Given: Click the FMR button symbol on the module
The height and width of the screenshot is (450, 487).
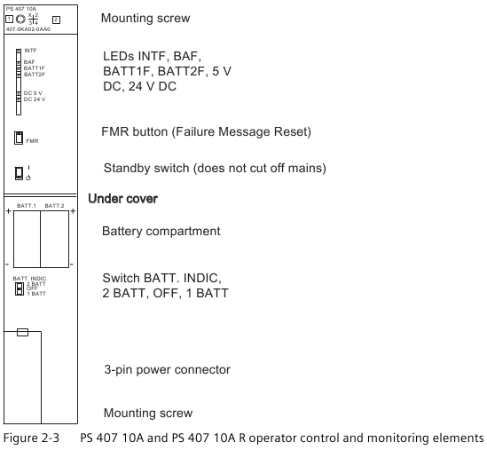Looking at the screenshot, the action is pyautogui.click(x=19, y=138).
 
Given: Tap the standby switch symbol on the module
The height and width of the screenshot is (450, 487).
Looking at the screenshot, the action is pyautogui.click(x=19, y=173).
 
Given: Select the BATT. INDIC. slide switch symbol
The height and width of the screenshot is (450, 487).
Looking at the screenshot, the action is pyautogui.click(x=20, y=288).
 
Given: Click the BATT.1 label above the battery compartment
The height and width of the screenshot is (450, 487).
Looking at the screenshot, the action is pyautogui.click(x=27, y=206).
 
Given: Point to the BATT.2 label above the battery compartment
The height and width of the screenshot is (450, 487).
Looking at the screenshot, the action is pyautogui.click(x=54, y=206).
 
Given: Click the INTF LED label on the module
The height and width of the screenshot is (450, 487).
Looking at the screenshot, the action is pyautogui.click(x=30, y=51).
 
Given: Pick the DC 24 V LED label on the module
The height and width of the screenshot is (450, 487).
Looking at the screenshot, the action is pyautogui.click(x=35, y=99).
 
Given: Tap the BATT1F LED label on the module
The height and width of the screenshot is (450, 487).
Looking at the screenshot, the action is pyautogui.click(x=35, y=68).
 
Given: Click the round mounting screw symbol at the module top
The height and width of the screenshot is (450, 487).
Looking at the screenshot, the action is pyautogui.click(x=20, y=20).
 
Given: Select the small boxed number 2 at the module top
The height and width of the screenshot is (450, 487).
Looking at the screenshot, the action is pyautogui.click(x=56, y=20).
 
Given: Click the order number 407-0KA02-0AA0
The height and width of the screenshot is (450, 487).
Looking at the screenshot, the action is pyautogui.click(x=28, y=29).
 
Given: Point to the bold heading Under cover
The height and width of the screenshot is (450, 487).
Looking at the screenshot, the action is pyautogui.click(x=123, y=199).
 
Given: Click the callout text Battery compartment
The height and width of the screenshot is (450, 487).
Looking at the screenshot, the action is pyautogui.click(x=161, y=232).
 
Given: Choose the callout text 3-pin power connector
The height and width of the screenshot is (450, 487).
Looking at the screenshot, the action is pyautogui.click(x=167, y=369).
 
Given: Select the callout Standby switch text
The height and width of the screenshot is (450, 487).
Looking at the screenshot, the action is pyautogui.click(x=146, y=168).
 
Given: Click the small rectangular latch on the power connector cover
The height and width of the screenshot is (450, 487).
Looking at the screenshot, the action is pyautogui.click(x=22, y=332).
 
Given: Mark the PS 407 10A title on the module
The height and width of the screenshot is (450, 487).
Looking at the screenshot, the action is pyautogui.click(x=20, y=9).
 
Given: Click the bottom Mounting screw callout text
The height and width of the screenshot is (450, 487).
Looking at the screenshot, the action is pyautogui.click(x=148, y=413).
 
